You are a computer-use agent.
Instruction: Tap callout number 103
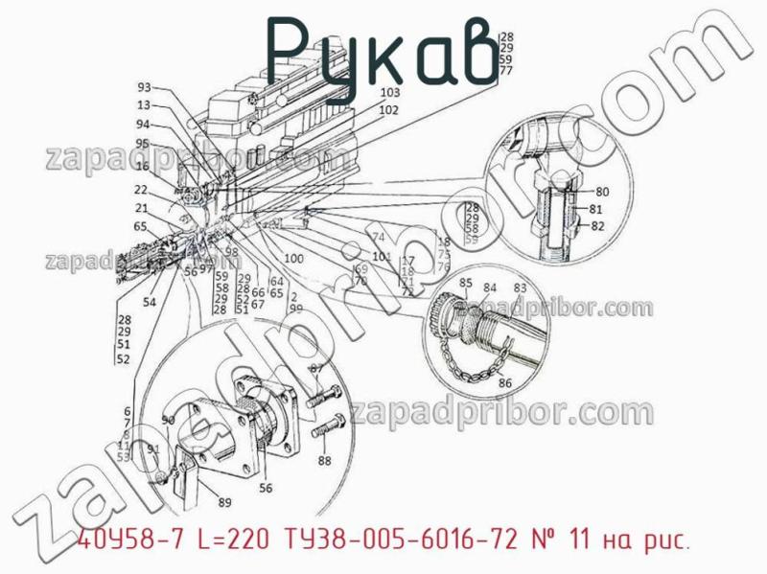[389, 93]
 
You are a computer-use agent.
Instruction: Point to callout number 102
[388, 110]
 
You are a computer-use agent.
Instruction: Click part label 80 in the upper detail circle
[602, 191]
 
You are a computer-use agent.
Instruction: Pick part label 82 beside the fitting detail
[598, 226]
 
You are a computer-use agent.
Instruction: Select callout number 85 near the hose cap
[466, 283]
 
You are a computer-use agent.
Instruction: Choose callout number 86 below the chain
[506, 384]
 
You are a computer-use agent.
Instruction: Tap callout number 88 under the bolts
[324, 461]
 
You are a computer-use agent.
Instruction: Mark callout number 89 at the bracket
[224, 502]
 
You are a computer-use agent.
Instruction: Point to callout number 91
[153, 448]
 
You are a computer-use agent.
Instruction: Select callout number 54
[150, 302]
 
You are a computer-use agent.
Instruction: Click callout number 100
[293, 259]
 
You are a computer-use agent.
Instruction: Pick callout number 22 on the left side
[141, 190]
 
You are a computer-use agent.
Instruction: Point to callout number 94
[143, 125]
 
